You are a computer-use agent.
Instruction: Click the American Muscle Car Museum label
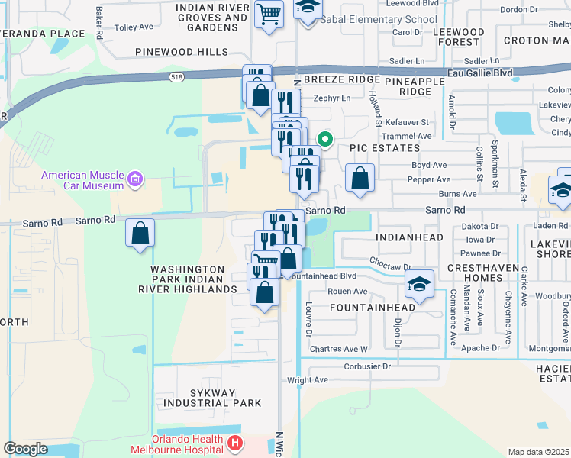tap(82, 180)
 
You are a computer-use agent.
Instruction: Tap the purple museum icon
tap(136, 180)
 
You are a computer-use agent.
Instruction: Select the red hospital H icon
tap(235, 443)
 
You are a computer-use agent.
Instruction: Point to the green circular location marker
tap(324, 139)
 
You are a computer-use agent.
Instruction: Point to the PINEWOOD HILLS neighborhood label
tap(182, 52)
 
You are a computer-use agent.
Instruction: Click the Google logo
tap(25, 448)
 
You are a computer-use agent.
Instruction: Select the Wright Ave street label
tap(307, 379)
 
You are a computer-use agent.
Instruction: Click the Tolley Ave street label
tap(133, 27)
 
